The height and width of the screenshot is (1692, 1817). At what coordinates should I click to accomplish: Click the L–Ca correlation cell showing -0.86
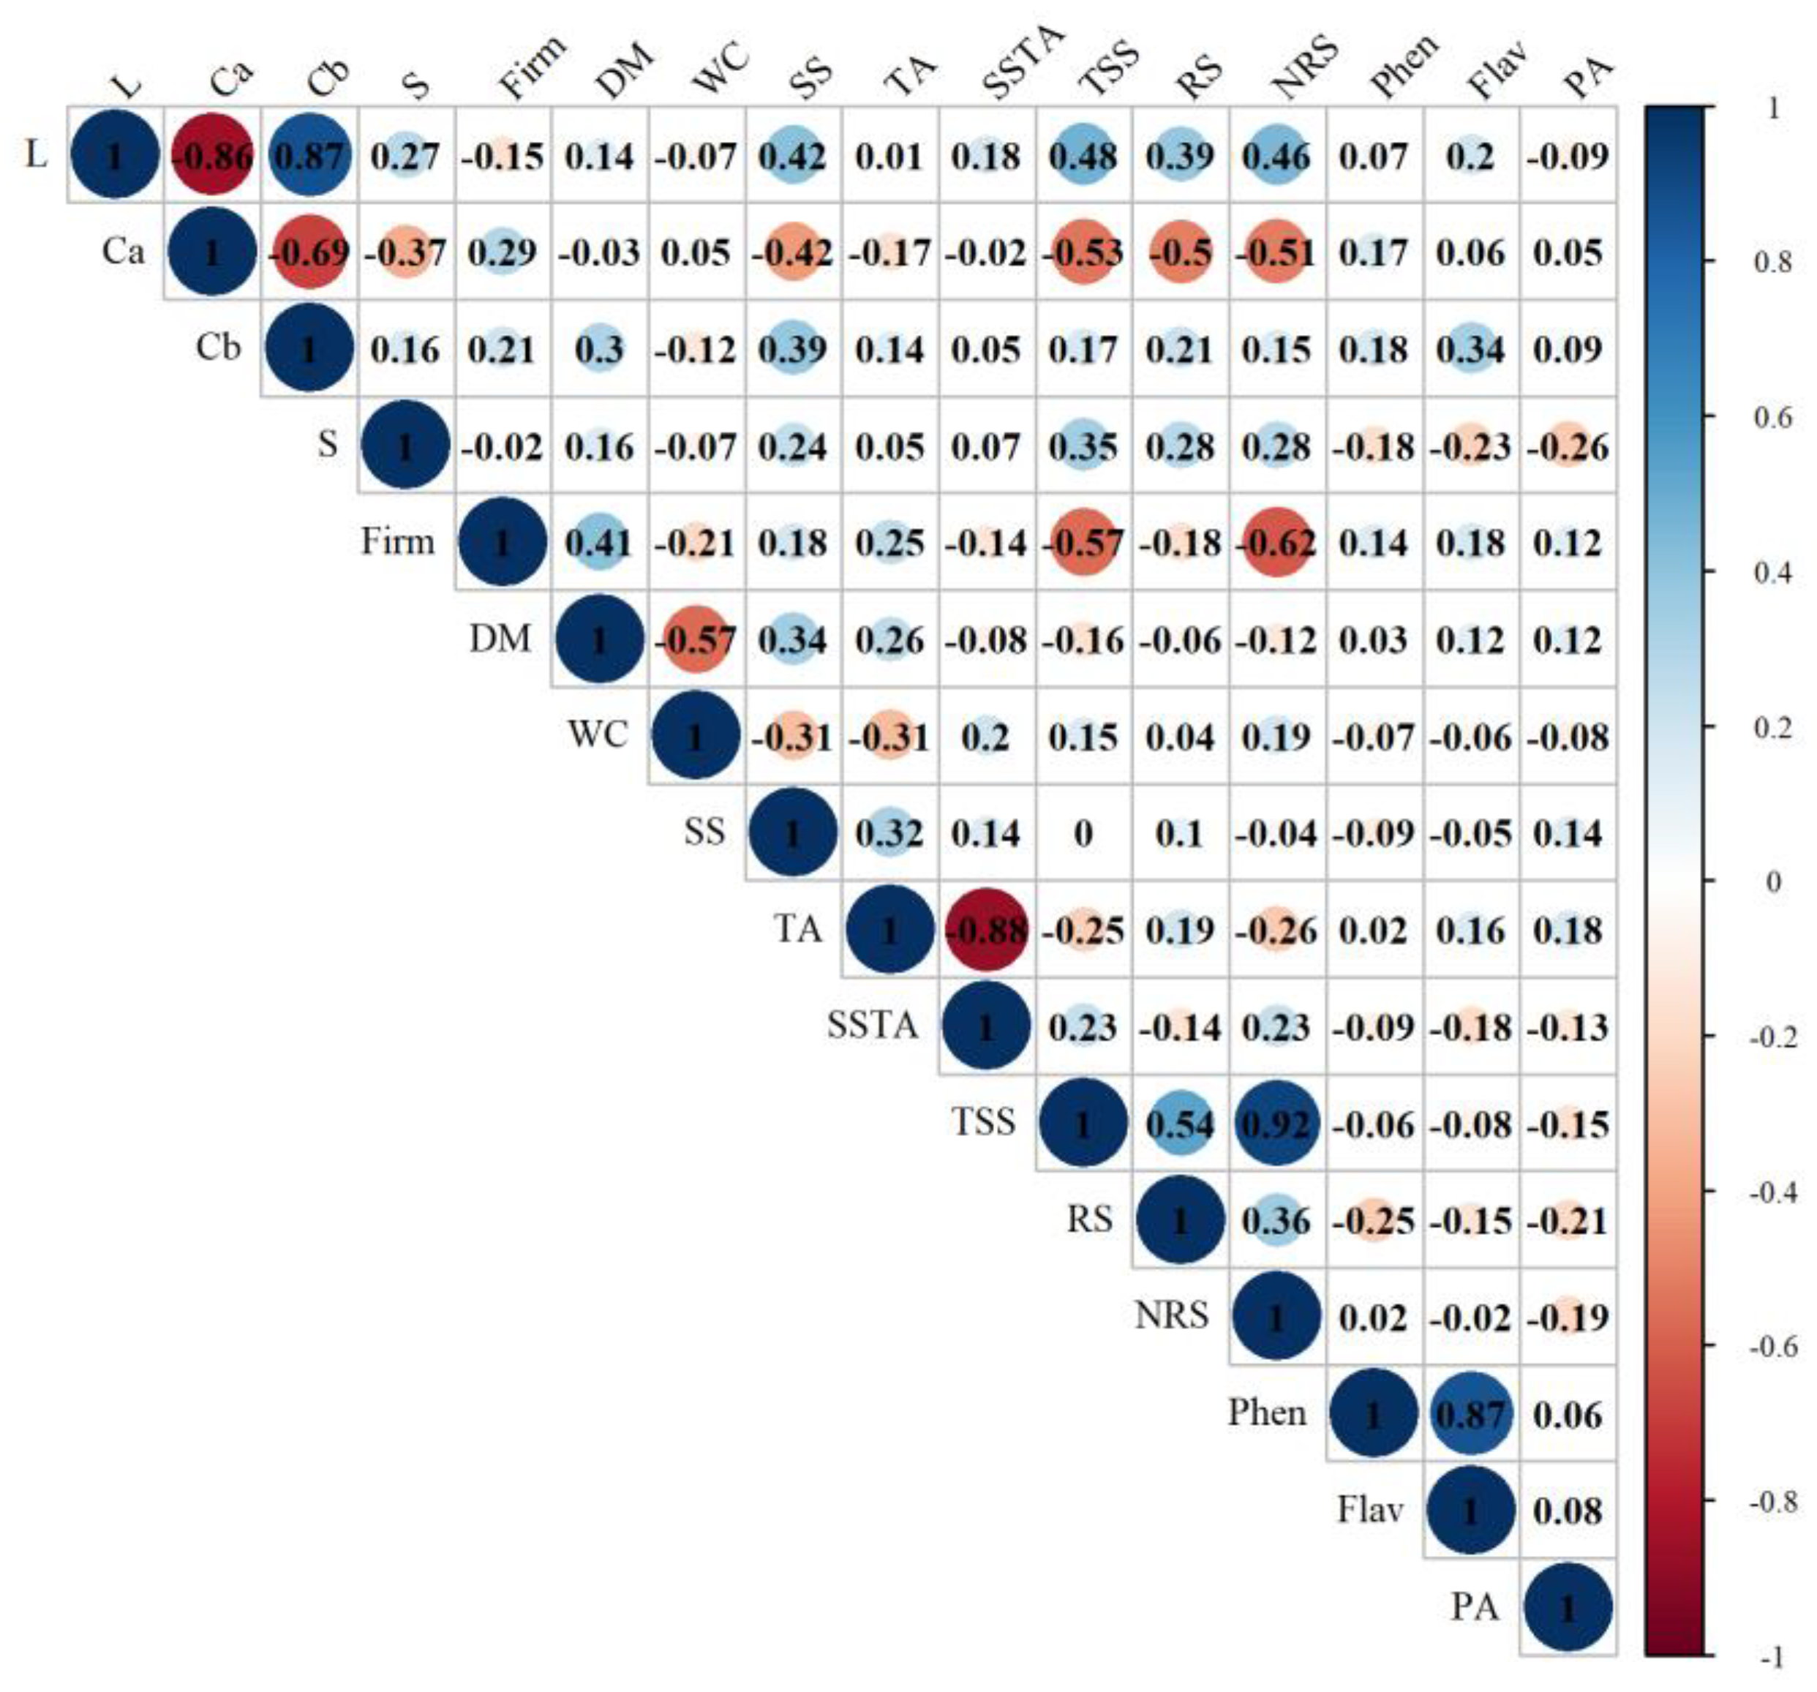(x=212, y=155)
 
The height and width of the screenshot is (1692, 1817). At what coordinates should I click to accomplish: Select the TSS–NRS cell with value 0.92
(x=1277, y=1124)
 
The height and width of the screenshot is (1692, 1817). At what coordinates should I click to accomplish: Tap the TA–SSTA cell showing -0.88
(x=986, y=930)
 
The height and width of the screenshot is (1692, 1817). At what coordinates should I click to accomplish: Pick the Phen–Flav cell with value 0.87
(x=1470, y=1415)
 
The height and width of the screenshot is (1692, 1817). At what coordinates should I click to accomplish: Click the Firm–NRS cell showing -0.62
(x=1277, y=543)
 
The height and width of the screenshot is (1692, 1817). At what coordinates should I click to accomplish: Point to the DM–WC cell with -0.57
(x=696, y=640)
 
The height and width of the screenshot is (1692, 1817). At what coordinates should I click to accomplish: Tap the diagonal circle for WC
(x=696, y=737)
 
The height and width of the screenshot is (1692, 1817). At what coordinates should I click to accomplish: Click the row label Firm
(x=398, y=542)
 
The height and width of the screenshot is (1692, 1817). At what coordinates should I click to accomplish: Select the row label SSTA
(x=872, y=1026)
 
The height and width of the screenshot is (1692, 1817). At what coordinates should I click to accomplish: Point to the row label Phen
(x=1266, y=1413)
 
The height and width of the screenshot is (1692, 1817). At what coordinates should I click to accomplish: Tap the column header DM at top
(x=623, y=71)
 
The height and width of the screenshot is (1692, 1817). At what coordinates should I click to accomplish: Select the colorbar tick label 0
(x=1774, y=882)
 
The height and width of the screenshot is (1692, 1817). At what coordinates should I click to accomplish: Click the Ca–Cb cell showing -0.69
(x=309, y=252)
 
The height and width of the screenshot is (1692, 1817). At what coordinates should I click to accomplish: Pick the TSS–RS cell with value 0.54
(x=1180, y=1124)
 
